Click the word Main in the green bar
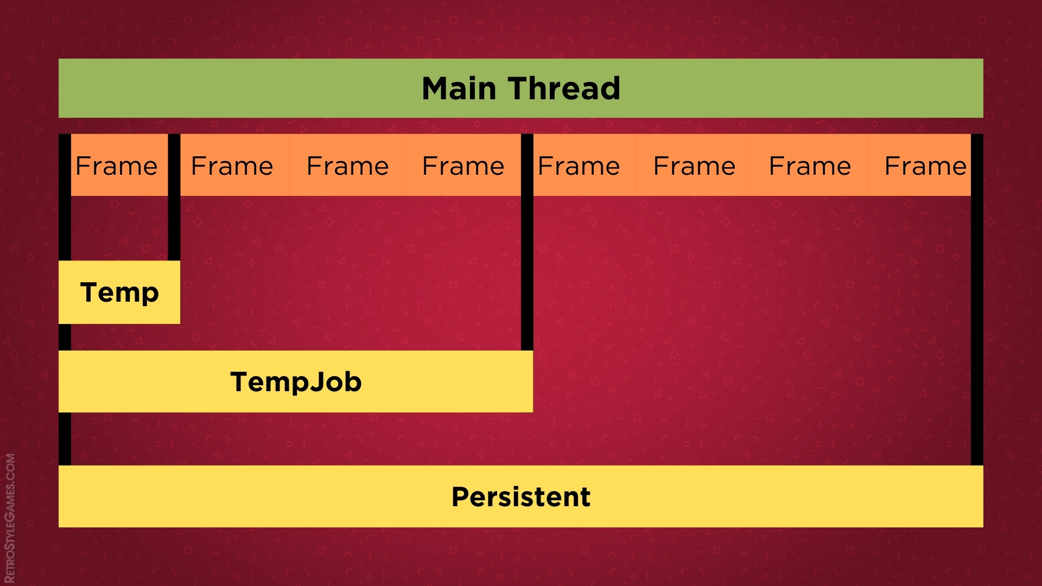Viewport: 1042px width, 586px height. [459, 88]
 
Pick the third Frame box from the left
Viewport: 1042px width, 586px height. [347, 165]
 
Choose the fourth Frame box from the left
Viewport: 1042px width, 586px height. [463, 165]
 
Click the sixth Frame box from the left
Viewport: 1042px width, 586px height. [694, 165]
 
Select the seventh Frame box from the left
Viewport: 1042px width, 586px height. [810, 165]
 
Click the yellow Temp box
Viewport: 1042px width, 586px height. [119, 292]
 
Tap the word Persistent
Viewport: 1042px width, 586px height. [520, 496]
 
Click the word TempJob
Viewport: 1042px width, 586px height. [296, 381]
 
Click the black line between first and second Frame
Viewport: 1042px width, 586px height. [174, 217]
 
